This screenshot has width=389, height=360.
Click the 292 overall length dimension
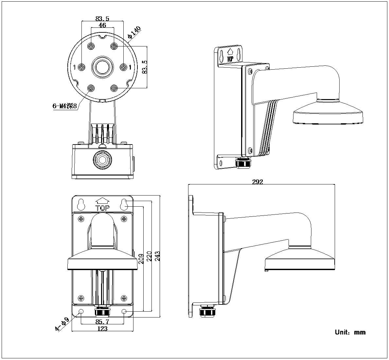[x=257, y=182]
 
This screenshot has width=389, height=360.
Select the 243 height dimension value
[x=157, y=255]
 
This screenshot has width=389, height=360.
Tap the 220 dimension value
[x=149, y=255]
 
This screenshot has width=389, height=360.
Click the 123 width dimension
[x=102, y=329]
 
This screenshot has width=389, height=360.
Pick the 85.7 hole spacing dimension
[x=102, y=322]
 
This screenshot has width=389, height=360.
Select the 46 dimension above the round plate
[x=102, y=25]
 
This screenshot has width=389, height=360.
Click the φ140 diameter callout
[x=134, y=33]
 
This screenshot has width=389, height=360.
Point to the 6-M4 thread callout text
[x=64, y=106]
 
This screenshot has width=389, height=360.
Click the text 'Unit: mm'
[x=350, y=332]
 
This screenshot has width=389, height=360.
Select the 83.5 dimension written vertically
[x=144, y=67]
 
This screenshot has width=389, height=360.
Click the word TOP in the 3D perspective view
[x=230, y=59]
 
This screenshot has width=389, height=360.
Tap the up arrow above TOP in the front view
[x=102, y=200]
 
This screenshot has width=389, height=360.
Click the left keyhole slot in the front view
[x=81, y=204]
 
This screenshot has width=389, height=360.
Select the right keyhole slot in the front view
[x=124, y=204]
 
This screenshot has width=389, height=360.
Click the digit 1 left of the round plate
[x=75, y=67]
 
